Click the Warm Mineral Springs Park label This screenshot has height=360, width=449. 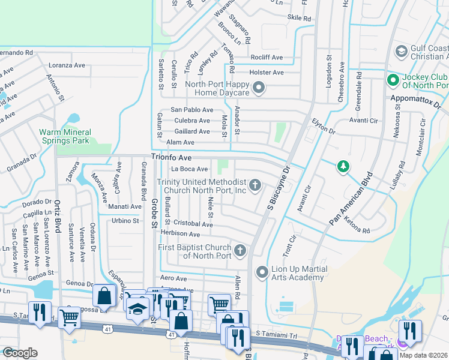tap(65, 136)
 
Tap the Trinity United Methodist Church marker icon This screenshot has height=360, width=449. tap(255, 184)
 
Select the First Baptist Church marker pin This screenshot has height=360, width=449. tap(240, 250)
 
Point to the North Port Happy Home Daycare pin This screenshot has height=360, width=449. tap(259, 89)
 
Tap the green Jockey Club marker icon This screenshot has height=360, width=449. tap(393, 80)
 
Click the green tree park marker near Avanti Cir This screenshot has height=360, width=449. tap(343, 166)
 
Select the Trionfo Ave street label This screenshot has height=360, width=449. tap(171, 157)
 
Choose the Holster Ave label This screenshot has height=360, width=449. tap(266, 73)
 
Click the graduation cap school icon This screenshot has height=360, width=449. tap(137, 308)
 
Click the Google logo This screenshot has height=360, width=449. tap(20, 353)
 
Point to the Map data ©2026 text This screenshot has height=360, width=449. tap(423, 355)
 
